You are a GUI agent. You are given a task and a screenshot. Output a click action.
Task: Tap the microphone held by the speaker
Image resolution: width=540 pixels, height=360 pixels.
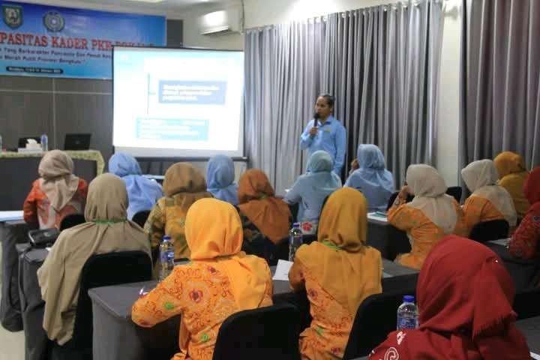click(316, 119)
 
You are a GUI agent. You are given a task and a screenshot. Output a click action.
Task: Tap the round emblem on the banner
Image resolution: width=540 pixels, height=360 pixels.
click(53, 20)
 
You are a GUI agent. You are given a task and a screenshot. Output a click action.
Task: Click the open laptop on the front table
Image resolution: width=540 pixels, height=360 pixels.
click(77, 141)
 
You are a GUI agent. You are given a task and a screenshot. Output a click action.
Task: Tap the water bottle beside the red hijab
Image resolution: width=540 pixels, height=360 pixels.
click(406, 313)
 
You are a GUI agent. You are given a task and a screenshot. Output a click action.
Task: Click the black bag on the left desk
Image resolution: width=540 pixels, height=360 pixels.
click(43, 237)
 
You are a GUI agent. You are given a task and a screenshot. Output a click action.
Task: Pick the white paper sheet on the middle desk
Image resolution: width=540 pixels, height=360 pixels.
click(282, 269)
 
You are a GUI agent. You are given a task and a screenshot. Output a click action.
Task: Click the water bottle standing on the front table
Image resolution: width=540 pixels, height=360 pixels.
click(44, 142)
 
